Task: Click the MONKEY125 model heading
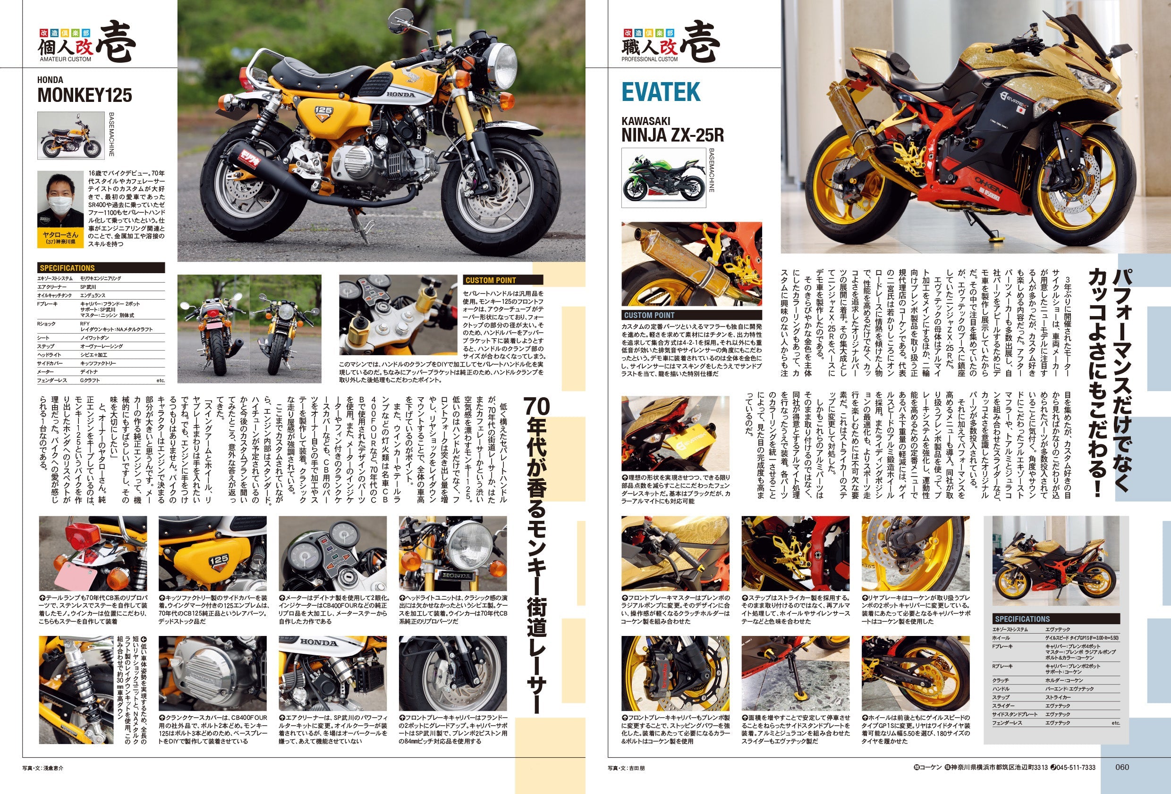tap(85, 95)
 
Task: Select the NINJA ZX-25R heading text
tap(672, 135)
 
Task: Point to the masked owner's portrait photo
tap(60, 210)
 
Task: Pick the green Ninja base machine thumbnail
tap(663, 178)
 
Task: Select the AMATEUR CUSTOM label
tap(66, 59)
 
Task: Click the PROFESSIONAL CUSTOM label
tap(650, 59)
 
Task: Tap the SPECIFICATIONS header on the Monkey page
tap(67, 268)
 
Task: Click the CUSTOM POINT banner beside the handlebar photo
tap(491, 280)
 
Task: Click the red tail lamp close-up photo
tap(93, 553)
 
